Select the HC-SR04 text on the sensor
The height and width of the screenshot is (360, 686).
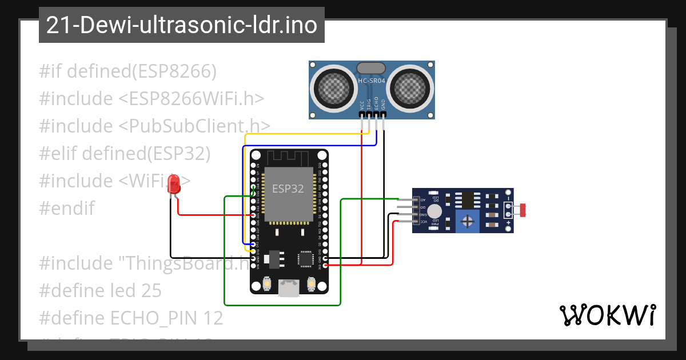point(372,81)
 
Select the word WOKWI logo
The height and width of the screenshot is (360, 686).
point(607,315)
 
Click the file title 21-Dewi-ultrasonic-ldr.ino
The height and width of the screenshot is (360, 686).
point(181,25)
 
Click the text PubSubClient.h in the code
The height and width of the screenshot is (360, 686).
point(194,126)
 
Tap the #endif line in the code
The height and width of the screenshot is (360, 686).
point(67,208)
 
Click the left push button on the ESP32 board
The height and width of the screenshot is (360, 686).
point(266,283)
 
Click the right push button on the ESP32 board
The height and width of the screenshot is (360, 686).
point(312,283)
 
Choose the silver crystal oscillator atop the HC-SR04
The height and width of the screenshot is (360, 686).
point(372,69)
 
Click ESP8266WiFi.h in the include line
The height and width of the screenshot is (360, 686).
point(192,98)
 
